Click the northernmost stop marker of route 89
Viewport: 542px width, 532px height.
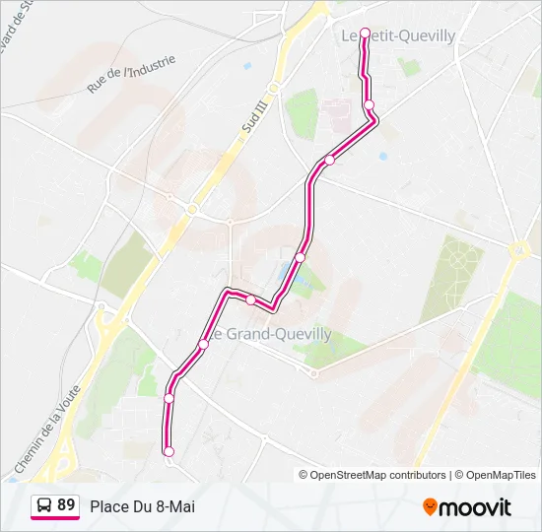point(366,33)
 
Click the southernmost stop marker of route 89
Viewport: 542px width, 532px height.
point(169,451)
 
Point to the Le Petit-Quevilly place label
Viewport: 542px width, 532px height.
point(398,35)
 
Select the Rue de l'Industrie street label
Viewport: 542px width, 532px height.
point(131,74)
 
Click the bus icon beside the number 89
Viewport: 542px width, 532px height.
point(44,505)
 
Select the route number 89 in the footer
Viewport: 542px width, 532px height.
point(66,505)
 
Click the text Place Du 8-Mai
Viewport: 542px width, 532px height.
point(142,506)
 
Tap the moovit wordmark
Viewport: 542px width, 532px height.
point(475,507)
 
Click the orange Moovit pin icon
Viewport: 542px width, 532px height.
point(430,507)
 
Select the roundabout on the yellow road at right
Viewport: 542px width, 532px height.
point(516,250)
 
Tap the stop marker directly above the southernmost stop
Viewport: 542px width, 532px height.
point(169,398)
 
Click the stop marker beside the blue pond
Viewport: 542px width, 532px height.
point(301,257)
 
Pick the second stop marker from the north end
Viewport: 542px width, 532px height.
point(369,104)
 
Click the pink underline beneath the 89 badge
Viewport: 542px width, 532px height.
point(55,518)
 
